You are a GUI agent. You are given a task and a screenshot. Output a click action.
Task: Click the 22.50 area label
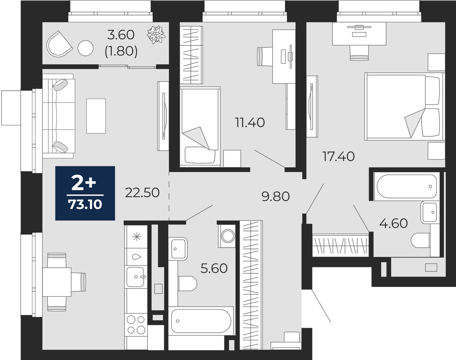click(x=142, y=193)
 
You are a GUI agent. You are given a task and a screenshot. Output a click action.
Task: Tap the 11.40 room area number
click(x=250, y=122)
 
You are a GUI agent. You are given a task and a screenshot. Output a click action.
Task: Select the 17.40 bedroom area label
click(x=338, y=156)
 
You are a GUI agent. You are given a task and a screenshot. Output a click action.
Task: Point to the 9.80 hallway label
click(x=276, y=196)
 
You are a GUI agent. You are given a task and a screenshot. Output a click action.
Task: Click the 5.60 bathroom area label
click(x=214, y=268)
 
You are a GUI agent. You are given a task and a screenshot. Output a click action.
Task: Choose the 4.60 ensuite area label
click(x=394, y=223)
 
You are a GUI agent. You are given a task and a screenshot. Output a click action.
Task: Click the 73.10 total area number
click(x=85, y=205)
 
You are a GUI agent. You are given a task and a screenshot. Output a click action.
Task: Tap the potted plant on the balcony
click(x=156, y=35)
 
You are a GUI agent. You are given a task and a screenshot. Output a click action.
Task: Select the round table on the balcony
click(x=85, y=48)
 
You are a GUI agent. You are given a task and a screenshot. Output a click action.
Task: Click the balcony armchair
click(x=59, y=44)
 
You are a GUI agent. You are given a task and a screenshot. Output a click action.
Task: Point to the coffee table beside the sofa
click(x=96, y=116)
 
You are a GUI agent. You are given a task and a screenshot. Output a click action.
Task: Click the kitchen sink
click(x=136, y=277)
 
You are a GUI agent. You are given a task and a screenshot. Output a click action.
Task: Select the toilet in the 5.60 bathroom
click(x=187, y=284)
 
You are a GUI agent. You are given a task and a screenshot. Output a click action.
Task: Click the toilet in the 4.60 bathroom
click(x=421, y=241)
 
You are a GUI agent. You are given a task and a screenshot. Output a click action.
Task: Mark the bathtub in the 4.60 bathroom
click(x=406, y=187)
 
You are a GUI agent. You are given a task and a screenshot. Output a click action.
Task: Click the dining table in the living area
click(x=57, y=282)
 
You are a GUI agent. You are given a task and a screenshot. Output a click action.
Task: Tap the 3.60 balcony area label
click(x=121, y=35)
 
